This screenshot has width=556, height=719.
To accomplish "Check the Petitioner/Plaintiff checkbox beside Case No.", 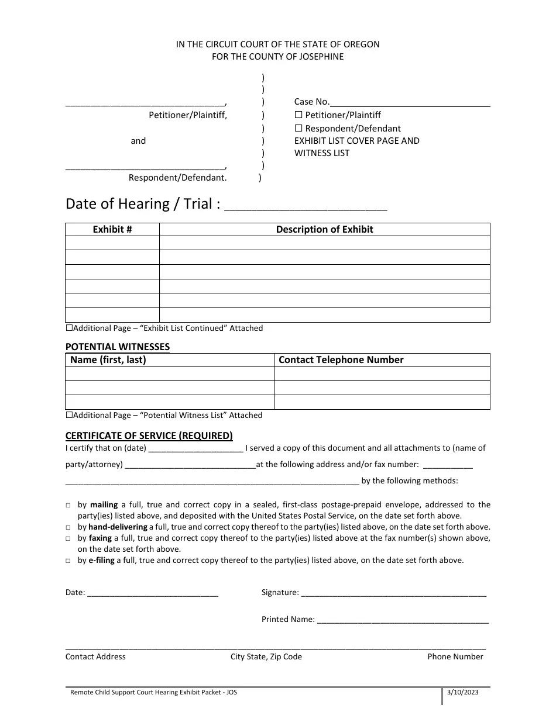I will [x=298, y=115].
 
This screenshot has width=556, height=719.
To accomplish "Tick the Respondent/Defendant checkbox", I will [x=298, y=128].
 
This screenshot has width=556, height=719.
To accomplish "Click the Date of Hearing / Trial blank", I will [x=306, y=205].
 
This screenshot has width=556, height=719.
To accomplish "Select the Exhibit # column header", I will [x=112, y=229].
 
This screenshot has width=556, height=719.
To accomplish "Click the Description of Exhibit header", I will [x=324, y=229].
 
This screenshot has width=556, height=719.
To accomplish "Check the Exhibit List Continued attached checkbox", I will [x=69, y=328].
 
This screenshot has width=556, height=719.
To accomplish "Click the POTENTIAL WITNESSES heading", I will [x=118, y=347].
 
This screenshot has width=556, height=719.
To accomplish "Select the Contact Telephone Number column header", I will [x=341, y=359].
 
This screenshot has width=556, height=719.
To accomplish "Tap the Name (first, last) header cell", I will [x=108, y=359].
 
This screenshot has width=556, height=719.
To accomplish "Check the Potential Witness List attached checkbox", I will [x=69, y=415].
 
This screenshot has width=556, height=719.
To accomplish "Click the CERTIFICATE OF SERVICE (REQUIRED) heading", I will [x=149, y=435].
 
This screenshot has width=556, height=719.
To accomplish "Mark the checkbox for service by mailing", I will [x=68, y=505].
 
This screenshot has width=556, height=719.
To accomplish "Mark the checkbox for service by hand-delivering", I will [x=68, y=527].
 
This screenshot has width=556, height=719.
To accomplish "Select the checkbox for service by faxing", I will [x=68, y=538].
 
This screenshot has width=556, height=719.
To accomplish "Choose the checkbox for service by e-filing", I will [x=68, y=561].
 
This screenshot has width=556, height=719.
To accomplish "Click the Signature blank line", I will [x=393, y=593].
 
